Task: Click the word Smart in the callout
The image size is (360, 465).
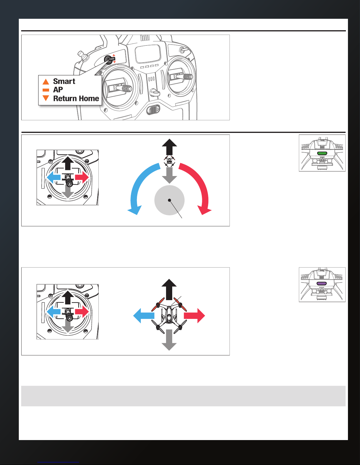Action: coord(64,81)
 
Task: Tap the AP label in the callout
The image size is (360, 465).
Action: coord(58,90)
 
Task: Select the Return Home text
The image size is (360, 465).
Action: coord(76,99)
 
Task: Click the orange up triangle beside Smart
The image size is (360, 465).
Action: coord(46,82)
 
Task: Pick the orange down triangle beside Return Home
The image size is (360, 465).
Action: coord(46,98)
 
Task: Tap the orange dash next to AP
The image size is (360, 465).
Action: coord(46,90)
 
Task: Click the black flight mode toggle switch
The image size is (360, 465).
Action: coord(110,59)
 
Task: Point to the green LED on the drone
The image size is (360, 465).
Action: coord(322,153)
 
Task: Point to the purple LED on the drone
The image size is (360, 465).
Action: coord(322,283)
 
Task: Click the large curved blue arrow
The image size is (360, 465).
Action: coord(134,184)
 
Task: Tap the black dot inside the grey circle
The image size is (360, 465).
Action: coord(170,200)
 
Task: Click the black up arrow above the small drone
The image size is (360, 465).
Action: coord(170,147)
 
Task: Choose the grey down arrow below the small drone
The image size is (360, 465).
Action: coord(170,175)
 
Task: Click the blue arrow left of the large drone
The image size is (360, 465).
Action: coord(144,316)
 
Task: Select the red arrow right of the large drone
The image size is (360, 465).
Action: coord(194,316)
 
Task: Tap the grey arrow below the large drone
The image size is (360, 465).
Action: coord(169,340)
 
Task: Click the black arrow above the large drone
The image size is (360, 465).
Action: coord(169,289)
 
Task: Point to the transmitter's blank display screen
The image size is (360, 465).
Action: coord(148,54)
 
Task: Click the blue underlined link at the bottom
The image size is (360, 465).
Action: coord(58,462)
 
